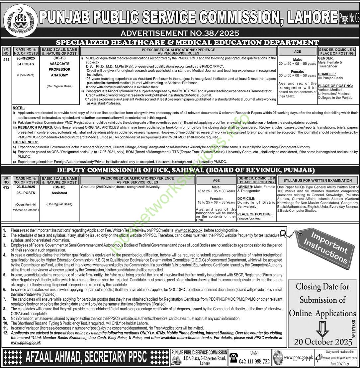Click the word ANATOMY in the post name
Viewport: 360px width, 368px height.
coord(59,75)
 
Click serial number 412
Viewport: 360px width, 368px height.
coord(6,187)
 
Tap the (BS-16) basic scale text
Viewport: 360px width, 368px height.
coord(59,187)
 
